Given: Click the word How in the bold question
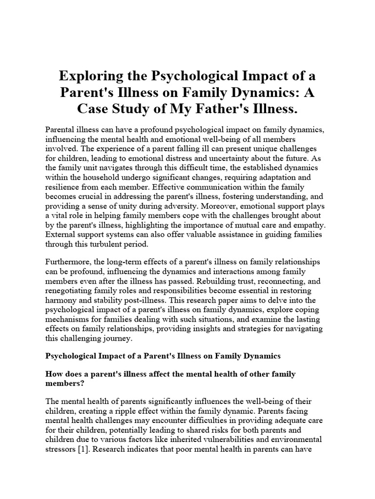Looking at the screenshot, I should pyautogui.click(x=53, y=374).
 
